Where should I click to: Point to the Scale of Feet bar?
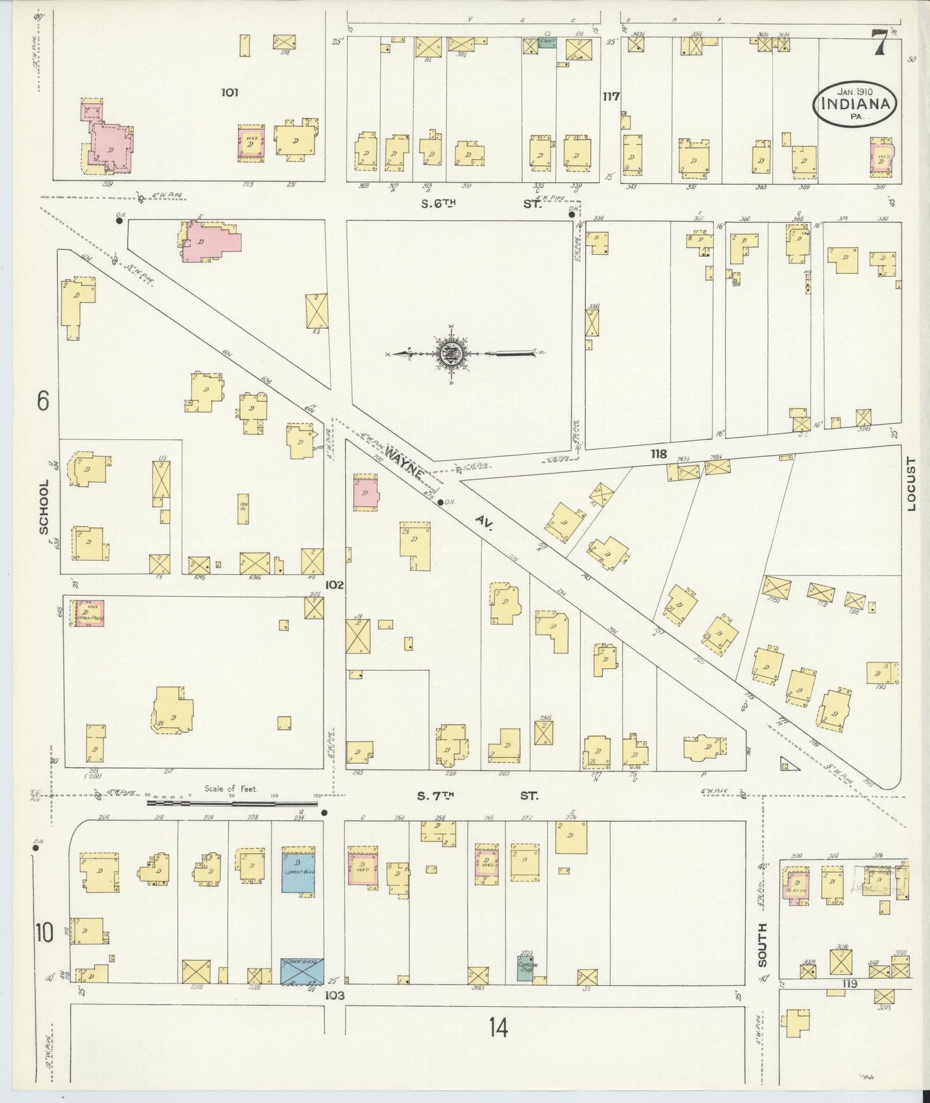pos(232,803)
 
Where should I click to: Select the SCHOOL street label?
pos(44,506)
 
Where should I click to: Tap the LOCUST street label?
pos(910,484)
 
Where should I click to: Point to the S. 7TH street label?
pos(436,796)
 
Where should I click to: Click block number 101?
pos(229,92)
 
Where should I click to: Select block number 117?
pos(610,97)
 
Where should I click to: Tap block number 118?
pos(658,454)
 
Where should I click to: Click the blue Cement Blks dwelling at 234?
pos(299,873)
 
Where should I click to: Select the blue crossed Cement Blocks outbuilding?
pos(301,970)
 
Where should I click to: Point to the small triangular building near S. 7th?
pos(786,765)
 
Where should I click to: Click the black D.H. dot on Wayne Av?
pos(440,502)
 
